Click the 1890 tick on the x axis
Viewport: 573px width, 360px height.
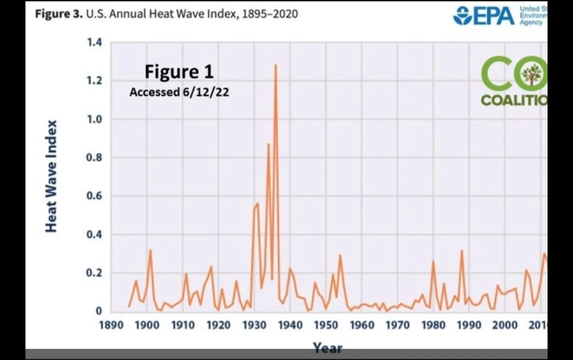[x=110, y=324]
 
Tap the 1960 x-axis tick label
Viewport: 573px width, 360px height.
[x=362, y=324]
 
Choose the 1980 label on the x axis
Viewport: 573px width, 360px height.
[x=433, y=324]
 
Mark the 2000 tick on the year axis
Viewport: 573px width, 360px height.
[x=505, y=324]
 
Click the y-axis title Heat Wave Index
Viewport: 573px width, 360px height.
[x=51, y=176]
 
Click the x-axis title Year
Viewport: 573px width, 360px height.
[x=327, y=348]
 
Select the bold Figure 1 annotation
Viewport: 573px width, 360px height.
[x=179, y=71]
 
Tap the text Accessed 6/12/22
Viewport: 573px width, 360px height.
[x=179, y=92]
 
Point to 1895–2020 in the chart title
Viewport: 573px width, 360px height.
[x=270, y=14]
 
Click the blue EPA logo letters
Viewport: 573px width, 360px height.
[x=490, y=15]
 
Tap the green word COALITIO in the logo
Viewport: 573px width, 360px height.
[x=514, y=100]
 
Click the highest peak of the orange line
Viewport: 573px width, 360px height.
[x=276, y=65]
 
